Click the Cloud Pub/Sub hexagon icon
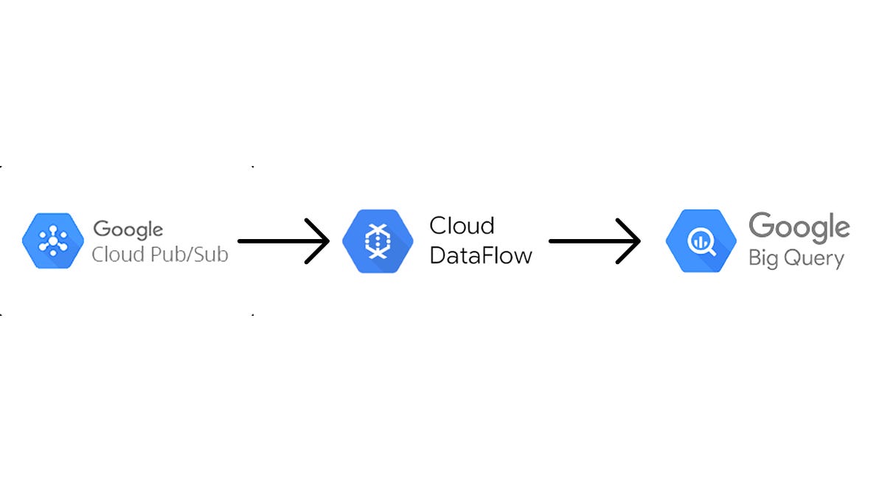54,241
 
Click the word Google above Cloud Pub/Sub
128,229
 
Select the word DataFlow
480,255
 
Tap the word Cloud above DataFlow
462,225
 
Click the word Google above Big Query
799,229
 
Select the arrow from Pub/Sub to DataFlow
280,241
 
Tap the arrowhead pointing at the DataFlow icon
319,241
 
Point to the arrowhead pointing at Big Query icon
631,241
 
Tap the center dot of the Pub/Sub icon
54,241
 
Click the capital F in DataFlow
493,255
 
